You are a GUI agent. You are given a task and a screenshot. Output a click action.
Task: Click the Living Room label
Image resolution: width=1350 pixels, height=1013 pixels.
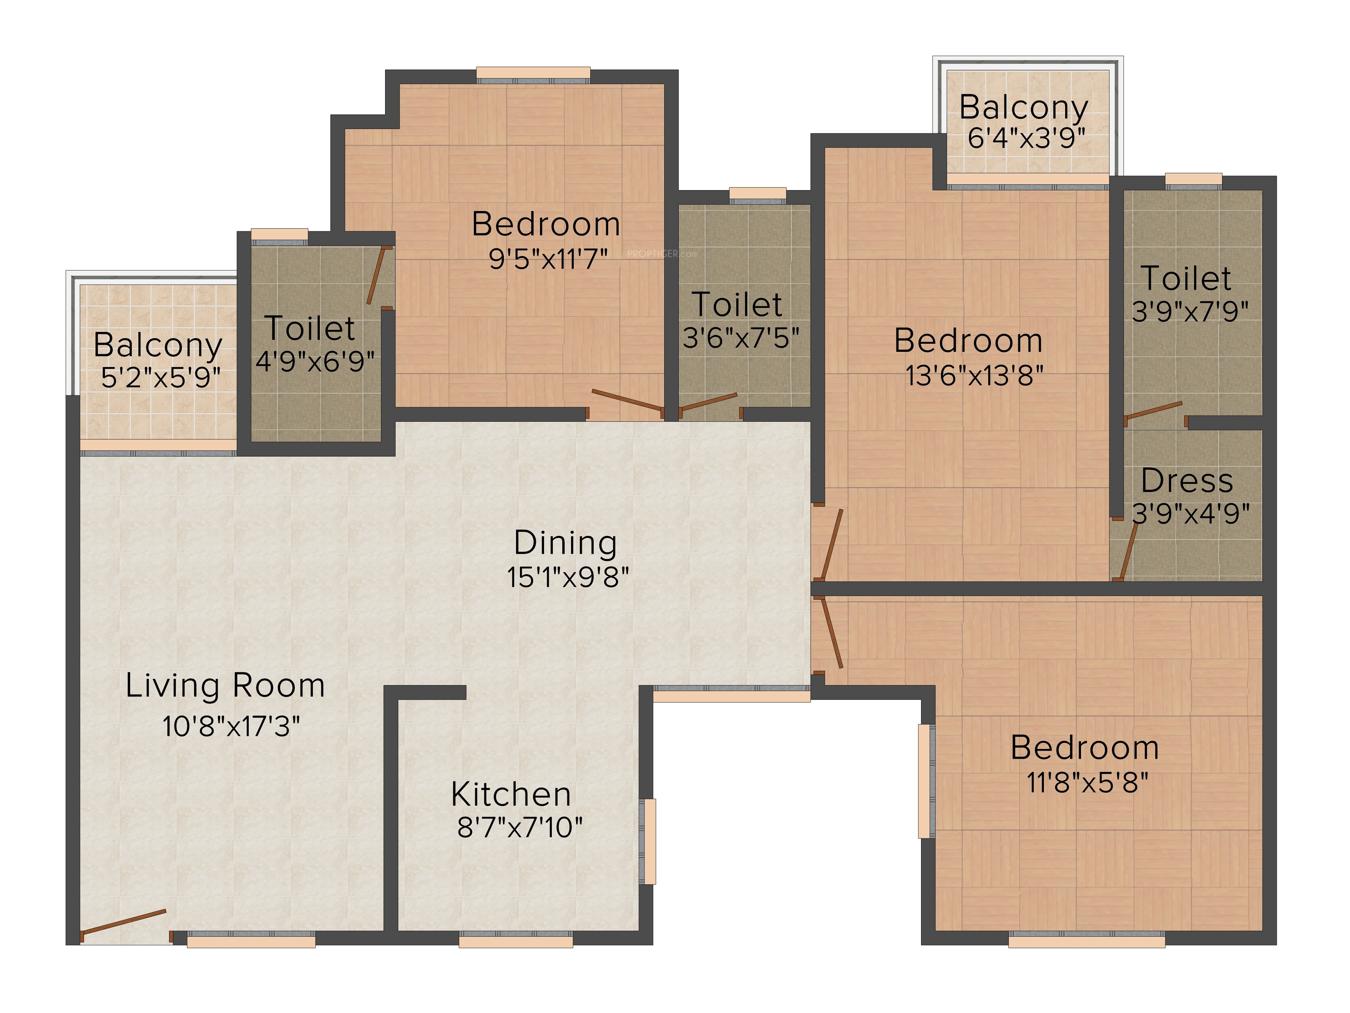225,686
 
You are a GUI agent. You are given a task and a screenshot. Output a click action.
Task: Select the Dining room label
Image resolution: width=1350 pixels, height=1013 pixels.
565,543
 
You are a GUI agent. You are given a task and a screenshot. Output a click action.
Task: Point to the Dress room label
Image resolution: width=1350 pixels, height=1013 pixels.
1187,481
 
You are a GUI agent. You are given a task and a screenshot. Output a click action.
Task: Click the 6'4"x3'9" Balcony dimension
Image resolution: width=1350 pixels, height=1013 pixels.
1027,138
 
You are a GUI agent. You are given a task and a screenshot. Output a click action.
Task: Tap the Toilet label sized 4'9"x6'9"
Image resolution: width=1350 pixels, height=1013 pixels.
310,329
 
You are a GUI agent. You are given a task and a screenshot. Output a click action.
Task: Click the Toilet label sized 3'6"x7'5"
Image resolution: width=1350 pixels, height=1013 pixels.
737,305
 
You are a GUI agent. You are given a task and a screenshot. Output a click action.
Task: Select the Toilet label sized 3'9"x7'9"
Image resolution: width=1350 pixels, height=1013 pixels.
1186,279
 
